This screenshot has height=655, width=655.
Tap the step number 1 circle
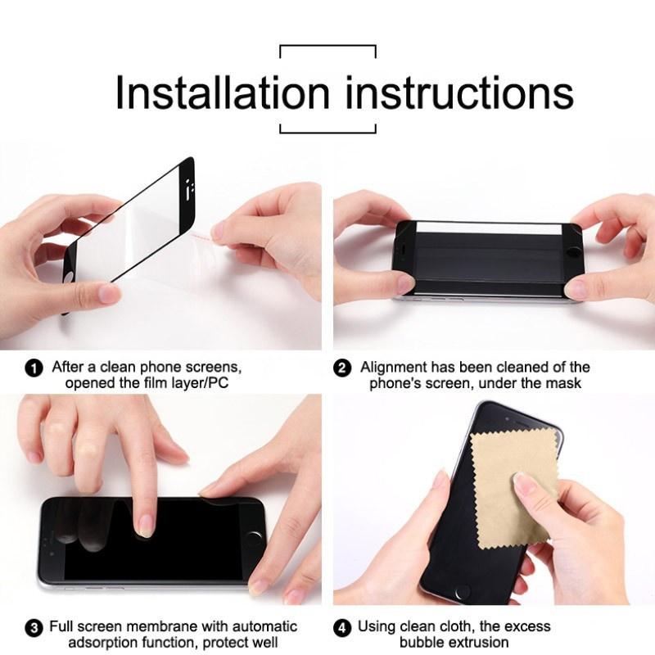[x=34, y=368]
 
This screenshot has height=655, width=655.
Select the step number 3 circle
[x=34, y=628]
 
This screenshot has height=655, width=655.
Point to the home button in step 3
[x=256, y=538]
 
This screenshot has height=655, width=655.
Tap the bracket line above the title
[x=327, y=47]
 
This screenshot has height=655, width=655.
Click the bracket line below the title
[x=327, y=131]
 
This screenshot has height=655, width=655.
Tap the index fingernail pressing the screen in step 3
[x=147, y=525]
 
